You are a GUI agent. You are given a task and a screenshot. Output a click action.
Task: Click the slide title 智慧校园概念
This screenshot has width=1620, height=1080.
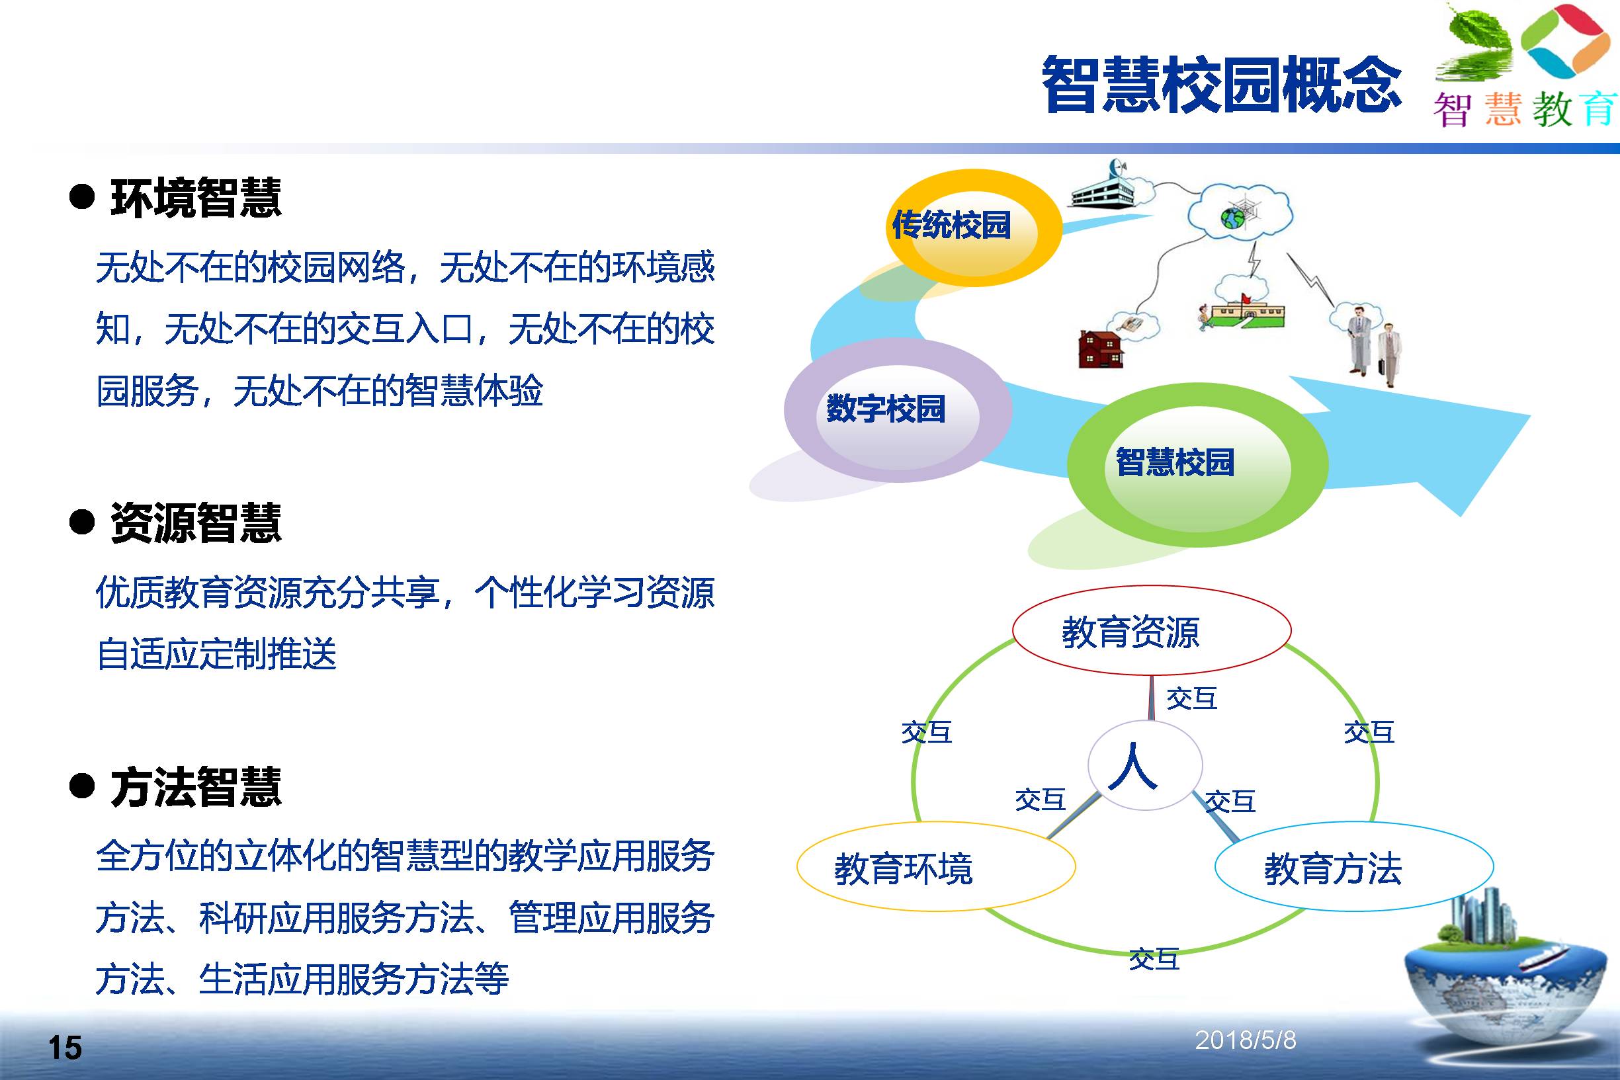coord(1221,85)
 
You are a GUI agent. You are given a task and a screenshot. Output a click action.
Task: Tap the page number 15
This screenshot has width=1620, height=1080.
coord(65,1048)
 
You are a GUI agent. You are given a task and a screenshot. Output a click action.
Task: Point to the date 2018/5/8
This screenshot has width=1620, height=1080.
coord(1246,1040)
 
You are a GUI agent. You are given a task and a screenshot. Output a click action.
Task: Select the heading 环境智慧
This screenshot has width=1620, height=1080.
coord(196,197)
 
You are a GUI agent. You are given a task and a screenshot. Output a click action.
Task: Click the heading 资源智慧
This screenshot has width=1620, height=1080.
coord(196,522)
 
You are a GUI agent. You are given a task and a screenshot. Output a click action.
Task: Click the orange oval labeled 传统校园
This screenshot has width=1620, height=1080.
coord(974,228)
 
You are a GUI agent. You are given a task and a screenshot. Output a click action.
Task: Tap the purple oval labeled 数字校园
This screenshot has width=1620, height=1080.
coord(898,410)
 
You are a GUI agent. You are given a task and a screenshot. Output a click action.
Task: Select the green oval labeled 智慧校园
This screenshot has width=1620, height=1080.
coord(1197,465)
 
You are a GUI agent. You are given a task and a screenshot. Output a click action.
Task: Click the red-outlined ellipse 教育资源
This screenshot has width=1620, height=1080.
coord(1152,630)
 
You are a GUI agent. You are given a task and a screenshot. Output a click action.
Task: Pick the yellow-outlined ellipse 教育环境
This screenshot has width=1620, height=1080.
coord(936,866)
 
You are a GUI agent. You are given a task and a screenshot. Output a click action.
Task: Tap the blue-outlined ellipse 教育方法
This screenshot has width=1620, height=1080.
coord(1354,866)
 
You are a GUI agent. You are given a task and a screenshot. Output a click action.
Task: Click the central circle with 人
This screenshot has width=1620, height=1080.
coord(1145,765)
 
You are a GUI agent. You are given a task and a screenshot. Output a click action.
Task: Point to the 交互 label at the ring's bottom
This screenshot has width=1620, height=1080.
coord(1154,959)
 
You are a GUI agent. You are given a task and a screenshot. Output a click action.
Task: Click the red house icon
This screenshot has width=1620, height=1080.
coord(1100,350)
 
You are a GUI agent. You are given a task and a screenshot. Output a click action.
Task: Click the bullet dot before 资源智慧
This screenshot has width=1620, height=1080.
coord(82,521)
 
